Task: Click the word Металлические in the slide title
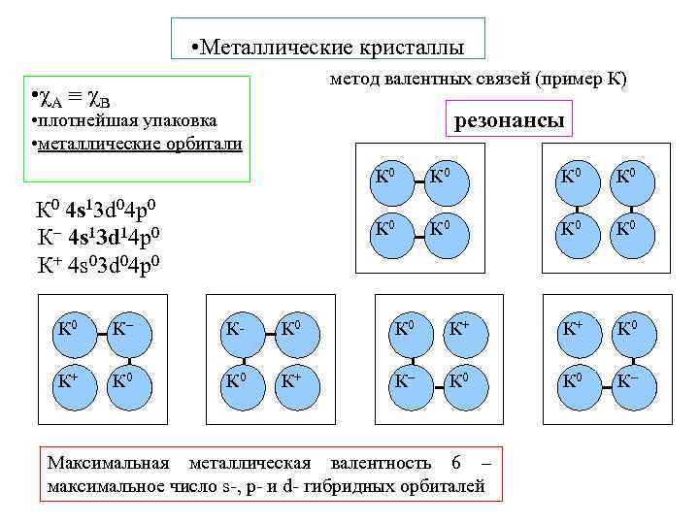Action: click(277, 47)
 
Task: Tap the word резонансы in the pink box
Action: click(510, 121)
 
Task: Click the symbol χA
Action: click(48, 98)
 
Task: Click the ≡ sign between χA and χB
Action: click(72, 98)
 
